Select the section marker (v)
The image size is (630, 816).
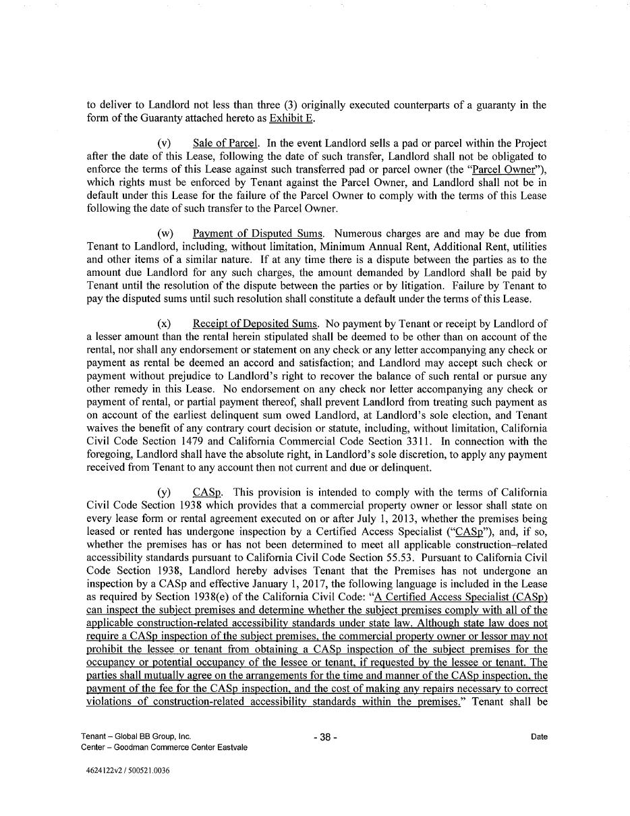[x=164, y=144]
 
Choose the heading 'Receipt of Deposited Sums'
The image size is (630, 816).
[x=254, y=324]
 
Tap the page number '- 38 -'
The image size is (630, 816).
[x=325, y=738]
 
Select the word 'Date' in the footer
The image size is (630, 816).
[x=539, y=737]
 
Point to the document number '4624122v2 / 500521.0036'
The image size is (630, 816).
[x=125, y=771]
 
